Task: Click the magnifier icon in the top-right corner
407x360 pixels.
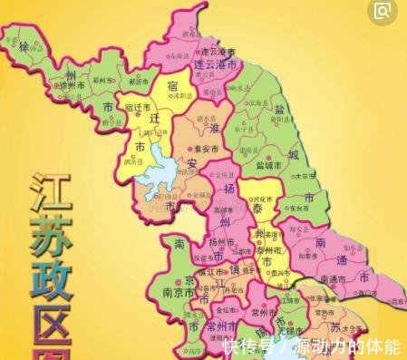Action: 384,11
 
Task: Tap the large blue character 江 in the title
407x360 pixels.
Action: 46,193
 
